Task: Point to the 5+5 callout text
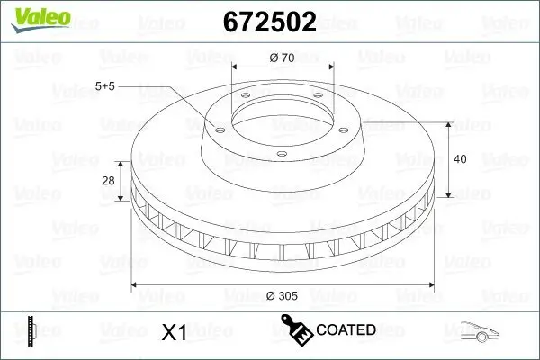(x=104, y=85)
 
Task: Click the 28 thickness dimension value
(x=108, y=181)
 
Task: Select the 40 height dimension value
(x=460, y=159)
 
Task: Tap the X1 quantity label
(x=173, y=332)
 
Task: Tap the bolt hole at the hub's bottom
(x=281, y=154)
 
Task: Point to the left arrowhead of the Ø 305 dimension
(x=137, y=285)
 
